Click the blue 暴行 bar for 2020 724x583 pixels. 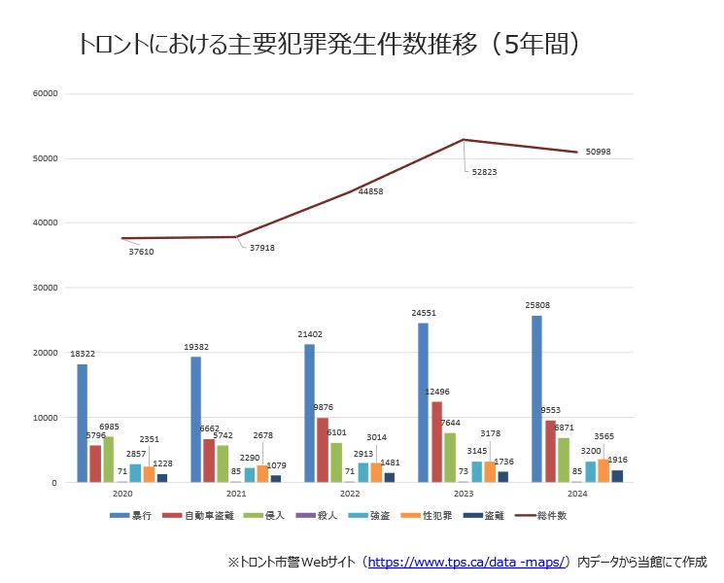(x=83, y=423)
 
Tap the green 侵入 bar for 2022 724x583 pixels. (x=336, y=463)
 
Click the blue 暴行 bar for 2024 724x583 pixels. (x=536, y=398)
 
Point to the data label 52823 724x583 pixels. (x=483, y=172)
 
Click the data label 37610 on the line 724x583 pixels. (x=141, y=252)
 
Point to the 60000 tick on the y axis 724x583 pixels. (x=46, y=93)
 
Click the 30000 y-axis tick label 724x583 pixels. (x=46, y=288)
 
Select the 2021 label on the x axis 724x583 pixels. (x=236, y=495)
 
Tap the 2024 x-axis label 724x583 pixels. (x=577, y=495)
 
